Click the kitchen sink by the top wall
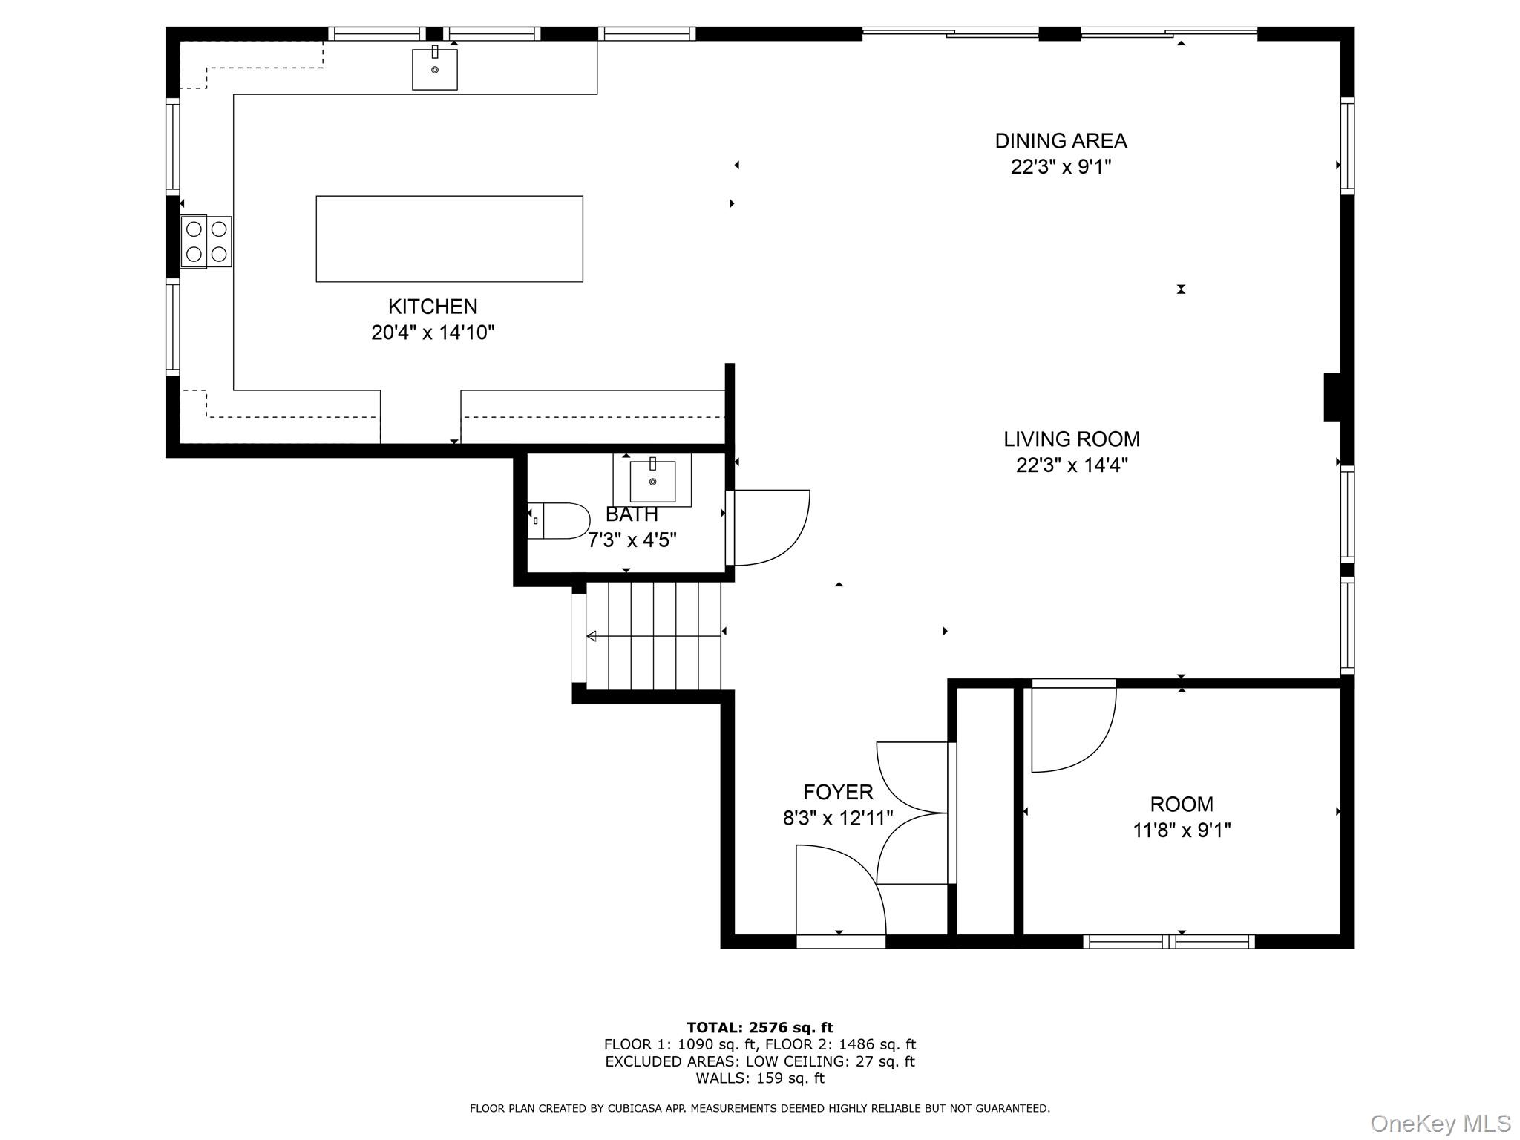click(x=434, y=69)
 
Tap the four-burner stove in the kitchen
click(x=206, y=241)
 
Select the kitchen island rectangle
click(x=449, y=238)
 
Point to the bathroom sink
click(x=652, y=481)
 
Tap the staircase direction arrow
click(x=592, y=636)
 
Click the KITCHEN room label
click(x=433, y=307)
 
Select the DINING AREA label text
click(x=1061, y=141)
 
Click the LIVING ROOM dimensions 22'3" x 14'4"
click(x=1072, y=465)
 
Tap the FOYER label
click(x=838, y=792)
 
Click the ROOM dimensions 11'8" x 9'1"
click(x=1182, y=830)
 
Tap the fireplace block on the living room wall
click(x=1332, y=397)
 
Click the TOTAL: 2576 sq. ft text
click(x=759, y=1027)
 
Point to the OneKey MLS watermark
click(x=1440, y=1123)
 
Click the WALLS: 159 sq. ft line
click(x=759, y=1078)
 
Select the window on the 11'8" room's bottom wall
click(x=1169, y=942)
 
